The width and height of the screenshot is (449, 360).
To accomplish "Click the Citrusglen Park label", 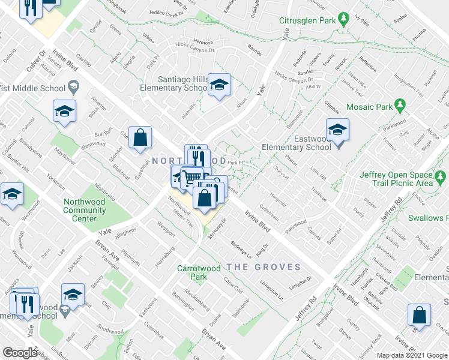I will coord(306,20).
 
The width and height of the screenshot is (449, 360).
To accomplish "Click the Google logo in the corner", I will coord(20,353).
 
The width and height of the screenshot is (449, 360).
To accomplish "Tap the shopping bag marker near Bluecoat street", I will coord(140,137).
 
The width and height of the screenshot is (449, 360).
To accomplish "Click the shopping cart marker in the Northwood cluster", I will coord(191,178).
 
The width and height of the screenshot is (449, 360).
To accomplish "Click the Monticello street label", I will coord(104,190).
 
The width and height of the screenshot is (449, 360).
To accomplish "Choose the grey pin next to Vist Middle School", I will coord(74,87).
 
